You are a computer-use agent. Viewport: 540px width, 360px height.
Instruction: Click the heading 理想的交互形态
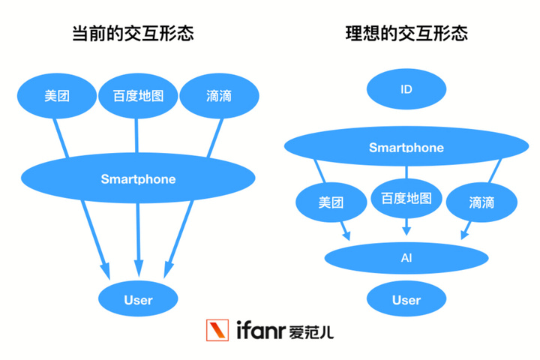(x=406, y=34)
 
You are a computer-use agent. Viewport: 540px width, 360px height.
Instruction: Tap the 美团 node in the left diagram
(x=56, y=96)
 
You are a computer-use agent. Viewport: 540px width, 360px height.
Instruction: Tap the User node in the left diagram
(x=138, y=300)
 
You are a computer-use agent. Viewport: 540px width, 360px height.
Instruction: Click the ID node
(x=406, y=90)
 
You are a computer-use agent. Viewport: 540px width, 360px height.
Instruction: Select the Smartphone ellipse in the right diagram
(x=406, y=147)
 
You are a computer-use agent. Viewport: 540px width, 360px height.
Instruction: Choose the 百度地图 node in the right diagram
(x=406, y=199)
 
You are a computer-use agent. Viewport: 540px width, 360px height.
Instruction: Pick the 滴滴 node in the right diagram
(x=481, y=202)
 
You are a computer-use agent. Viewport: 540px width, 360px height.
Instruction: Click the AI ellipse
(x=406, y=259)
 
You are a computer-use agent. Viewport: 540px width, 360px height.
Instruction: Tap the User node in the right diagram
(x=406, y=300)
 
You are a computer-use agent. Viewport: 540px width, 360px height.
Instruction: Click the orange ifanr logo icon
(x=219, y=331)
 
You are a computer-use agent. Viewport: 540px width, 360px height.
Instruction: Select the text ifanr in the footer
(x=259, y=331)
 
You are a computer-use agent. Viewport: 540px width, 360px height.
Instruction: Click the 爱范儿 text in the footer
(x=310, y=331)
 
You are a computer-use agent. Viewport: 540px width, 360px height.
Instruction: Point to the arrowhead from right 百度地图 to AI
(x=406, y=230)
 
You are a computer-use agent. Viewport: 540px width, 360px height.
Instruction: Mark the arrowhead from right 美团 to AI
(x=346, y=234)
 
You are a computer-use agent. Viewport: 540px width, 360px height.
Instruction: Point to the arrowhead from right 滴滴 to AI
(x=466, y=234)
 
